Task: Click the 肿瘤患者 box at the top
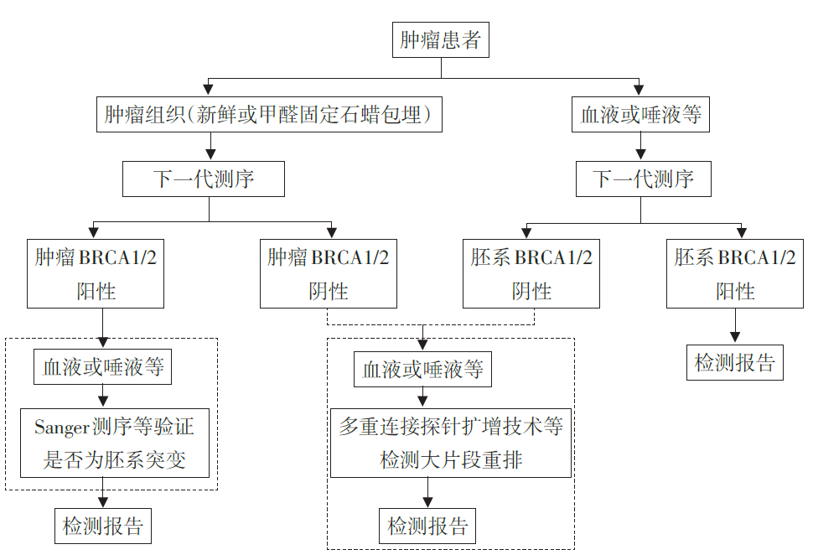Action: (440, 40)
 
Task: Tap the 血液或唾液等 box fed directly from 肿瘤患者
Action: (640, 115)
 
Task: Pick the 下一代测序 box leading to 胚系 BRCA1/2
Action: (643, 179)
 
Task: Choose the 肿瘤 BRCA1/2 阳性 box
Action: (96, 274)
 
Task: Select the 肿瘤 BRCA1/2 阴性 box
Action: (328, 274)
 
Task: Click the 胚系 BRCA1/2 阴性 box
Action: (531, 274)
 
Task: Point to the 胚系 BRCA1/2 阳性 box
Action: (735, 274)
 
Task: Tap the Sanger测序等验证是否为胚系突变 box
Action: (114, 443)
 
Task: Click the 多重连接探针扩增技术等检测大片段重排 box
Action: (450, 443)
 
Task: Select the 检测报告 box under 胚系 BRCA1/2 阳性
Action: (735, 364)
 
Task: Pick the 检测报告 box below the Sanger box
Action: (103, 526)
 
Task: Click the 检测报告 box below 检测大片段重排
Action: (427, 526)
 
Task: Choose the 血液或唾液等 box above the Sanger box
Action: (102, 367)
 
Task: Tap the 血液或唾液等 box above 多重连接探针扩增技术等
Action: (423, 370)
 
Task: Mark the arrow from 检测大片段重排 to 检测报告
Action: (427, 493)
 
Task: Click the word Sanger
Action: (61, 427)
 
